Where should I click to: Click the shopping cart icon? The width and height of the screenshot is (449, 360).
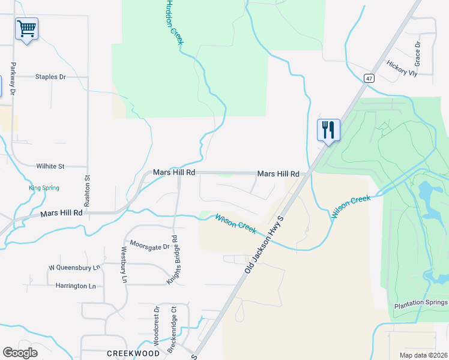click(26, 28)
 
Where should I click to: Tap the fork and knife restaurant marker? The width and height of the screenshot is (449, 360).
click(328, 129)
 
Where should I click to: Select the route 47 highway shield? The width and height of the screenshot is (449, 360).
click(369, 78)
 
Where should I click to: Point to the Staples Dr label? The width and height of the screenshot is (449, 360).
click(50, 77)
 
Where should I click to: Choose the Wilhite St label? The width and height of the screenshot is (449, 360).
click(50, 166)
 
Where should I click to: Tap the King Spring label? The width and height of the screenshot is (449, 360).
click(44, 188)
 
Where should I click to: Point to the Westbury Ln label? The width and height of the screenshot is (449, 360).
click(125, 265)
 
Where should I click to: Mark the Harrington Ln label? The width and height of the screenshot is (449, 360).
click(76, 286)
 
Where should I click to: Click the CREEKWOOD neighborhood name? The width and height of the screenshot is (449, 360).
click(133, 353)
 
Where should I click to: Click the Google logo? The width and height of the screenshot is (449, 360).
click(20, 353)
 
